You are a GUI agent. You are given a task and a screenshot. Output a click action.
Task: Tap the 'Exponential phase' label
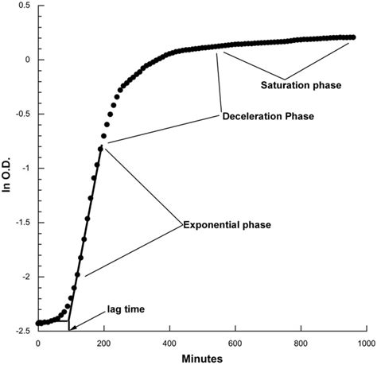[227, 225]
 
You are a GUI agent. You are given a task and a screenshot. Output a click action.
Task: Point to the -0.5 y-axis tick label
[21, 114]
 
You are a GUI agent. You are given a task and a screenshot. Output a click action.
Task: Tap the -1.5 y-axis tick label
[21, 223]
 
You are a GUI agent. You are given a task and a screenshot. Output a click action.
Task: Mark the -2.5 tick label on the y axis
[21, 331]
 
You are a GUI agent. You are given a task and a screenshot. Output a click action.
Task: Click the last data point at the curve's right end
[353, 37]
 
